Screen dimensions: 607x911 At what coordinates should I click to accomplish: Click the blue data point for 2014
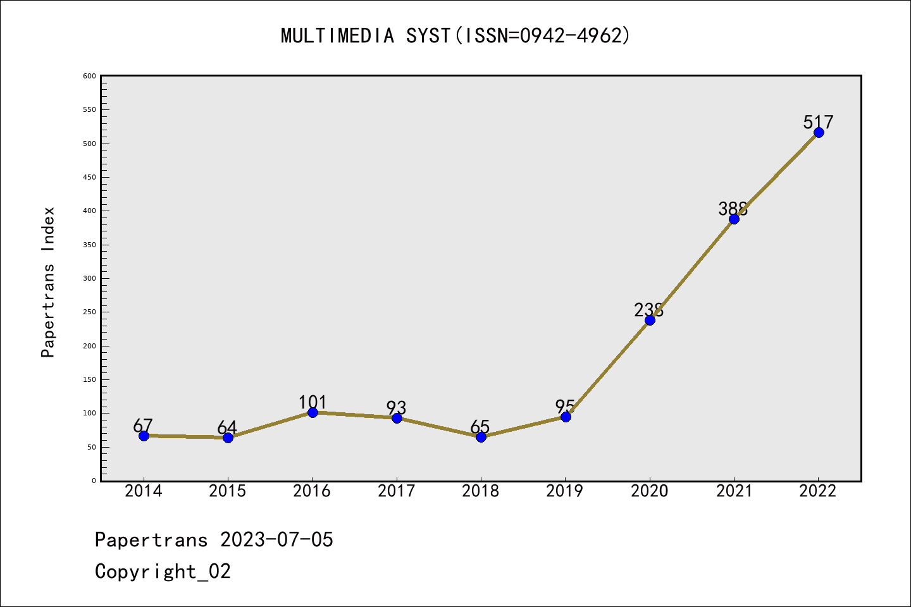click(144, 436)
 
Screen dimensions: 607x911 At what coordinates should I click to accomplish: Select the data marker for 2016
click(313, 412)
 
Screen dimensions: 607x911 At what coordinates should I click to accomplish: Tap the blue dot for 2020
click(650, 320)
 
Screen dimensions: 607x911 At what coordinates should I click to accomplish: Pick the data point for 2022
click(819, 132)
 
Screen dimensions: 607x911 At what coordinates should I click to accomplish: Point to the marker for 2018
click(481, 437)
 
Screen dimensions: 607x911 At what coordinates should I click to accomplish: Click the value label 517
click(819, 121)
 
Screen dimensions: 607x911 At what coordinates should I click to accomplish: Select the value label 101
click(313, 402)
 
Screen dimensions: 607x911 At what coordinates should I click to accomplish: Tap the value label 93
click(397, 408)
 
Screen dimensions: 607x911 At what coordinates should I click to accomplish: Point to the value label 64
click(227, 427)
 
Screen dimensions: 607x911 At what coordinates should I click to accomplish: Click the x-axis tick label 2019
click(565, 491)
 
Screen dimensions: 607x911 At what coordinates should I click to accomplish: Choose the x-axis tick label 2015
click(228, 491)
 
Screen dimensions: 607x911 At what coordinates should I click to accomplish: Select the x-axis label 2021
click(734, 491)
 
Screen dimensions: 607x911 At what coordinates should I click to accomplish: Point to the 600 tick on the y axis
click(89, 76)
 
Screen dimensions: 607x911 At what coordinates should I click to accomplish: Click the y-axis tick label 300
click(89, 278)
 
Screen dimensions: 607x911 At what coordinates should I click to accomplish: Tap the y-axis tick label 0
click(94, 481)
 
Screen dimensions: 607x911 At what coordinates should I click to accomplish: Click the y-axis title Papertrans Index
click(48, 282)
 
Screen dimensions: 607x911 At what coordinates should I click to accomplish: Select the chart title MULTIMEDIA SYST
click(455, 35)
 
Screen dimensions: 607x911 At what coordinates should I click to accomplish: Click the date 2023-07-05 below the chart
click(276, 540)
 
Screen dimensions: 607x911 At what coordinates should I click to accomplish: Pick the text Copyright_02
click(163, 572)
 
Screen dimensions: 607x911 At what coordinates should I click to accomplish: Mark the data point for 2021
click(734, 219)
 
